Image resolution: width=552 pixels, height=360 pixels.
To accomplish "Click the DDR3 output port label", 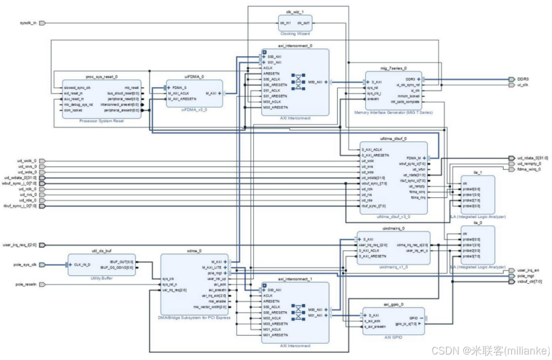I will pyautogui.click(x=522, y=79).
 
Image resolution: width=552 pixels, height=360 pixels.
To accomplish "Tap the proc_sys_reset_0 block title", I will pyautogui.click(x=100, y=78).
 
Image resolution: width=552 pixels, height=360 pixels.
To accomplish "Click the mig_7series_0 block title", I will pyautogui.click(x=393, y=68).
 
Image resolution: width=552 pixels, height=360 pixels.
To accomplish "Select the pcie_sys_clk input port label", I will pyautogui.click(x=25, y=264).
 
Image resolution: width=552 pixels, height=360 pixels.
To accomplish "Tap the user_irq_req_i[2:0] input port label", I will pyautogui.click(x=19, y=245).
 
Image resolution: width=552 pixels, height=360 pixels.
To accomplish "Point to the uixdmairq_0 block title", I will pyautogui.click(x=393, y=228).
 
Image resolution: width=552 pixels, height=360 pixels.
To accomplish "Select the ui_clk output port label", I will pyautogui.click(x=522, y=85).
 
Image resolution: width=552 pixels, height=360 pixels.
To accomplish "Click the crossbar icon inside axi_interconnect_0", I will pyautogui.click(x=298, y=81).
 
